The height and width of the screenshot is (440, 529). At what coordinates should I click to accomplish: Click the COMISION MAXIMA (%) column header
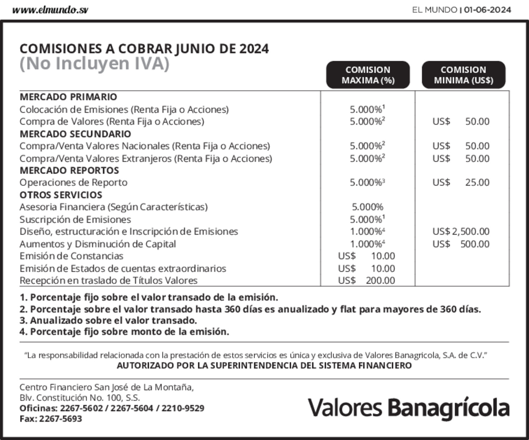tap(368, 75)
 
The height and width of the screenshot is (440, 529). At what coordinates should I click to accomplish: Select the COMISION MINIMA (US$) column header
tap(463, 75)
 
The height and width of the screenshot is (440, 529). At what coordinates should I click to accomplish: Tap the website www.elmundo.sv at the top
tap(50, 10)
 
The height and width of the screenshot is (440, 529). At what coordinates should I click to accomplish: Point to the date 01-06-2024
tap(487, 10)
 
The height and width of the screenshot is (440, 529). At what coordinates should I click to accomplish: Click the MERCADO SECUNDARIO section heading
tap(75, 134)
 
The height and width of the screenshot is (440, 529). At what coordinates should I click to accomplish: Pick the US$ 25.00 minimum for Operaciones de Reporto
tap(461, 182)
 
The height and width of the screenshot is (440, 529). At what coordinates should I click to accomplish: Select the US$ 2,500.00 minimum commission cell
tap(461, 231)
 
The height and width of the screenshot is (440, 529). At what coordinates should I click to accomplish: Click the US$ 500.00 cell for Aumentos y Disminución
tap(461, 244)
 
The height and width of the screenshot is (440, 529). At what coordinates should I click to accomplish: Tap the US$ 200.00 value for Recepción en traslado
tap(366, 280)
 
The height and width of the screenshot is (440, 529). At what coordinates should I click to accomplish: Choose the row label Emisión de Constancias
tap(71, 256)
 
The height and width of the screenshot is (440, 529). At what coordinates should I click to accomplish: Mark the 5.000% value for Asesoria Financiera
tap(367, 207)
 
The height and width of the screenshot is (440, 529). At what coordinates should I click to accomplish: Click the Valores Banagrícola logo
tap(409, 408)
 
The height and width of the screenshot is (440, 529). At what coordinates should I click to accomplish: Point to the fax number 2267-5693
tap(60, 418)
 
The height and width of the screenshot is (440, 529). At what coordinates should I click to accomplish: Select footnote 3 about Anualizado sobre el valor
tap(108, 320)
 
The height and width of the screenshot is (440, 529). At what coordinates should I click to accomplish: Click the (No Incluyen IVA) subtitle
tap(95, 64)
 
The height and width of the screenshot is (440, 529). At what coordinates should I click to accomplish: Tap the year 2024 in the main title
tap(254, 49)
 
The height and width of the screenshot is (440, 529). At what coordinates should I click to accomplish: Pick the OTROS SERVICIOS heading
tap(61, 195)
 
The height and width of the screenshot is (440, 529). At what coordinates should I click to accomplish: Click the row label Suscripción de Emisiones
tap(75, 219)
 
